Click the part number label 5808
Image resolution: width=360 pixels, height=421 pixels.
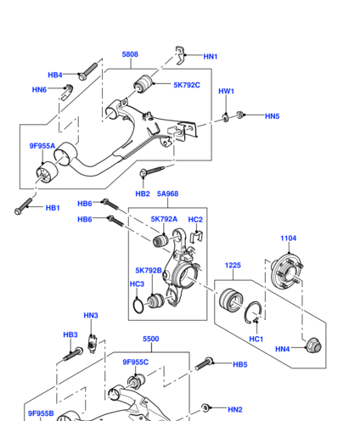tap(130, 54)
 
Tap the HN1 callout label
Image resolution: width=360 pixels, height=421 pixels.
tap(211, 57)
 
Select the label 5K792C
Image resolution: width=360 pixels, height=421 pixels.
tap(187, 85)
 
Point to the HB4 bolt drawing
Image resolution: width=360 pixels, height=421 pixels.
tap(87, 71)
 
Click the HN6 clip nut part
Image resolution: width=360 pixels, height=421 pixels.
tap(67, 92)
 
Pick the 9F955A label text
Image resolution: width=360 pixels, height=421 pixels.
tap(42, 146)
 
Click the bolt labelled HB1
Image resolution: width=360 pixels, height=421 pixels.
tap(23, 206)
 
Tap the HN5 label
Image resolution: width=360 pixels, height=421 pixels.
tap(273, 116)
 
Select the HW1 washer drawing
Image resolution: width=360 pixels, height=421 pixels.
tap(226, 118)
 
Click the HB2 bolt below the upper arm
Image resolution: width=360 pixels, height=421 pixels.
tap(152, 171)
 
